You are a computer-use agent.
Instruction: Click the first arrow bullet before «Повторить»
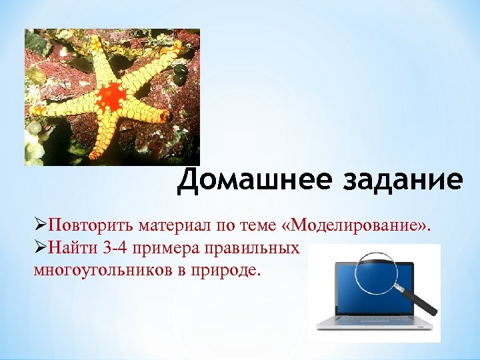pyautogui.click(x=39, y=223)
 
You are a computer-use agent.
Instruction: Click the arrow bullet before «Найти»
pyautogui.click(x=39, y=248)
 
